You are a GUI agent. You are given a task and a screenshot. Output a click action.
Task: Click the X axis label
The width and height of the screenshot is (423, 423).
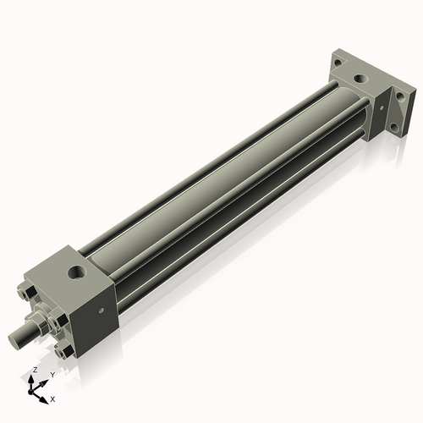pyautogui.click(x=52, y=398)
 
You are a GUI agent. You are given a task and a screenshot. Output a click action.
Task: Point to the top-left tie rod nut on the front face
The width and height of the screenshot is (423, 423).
pyautogui.click(x=28, y=296)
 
